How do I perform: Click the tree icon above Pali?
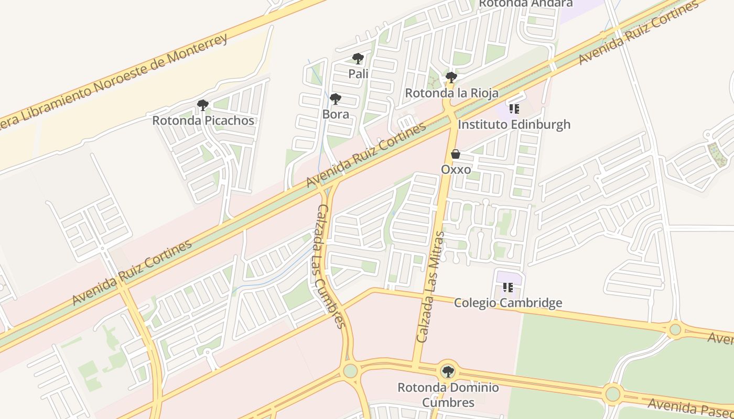358,58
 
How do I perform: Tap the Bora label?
336,114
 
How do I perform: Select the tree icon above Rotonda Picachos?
203,105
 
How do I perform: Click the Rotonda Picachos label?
203,120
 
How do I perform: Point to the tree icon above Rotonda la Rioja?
451,78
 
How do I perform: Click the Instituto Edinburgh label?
514,125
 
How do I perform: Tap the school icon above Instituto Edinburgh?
514,109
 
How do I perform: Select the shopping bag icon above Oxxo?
456,154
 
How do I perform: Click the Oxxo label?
456,170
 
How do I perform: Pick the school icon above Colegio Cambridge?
508,287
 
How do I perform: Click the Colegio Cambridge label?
508,303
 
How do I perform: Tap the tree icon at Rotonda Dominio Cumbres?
448,372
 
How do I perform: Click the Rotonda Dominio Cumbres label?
448,395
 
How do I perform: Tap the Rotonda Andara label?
525,3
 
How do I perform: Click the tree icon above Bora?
336,98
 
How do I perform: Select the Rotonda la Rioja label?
451,93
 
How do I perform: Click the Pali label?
358,74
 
